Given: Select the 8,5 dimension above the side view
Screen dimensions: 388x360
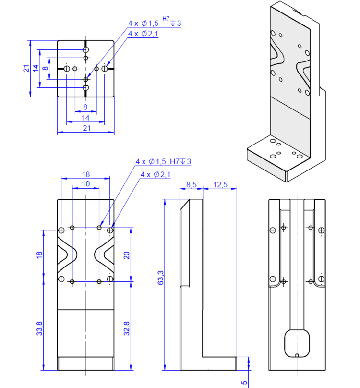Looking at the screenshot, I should coord(191,184).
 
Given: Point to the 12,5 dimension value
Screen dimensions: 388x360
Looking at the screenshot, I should coord(220,184).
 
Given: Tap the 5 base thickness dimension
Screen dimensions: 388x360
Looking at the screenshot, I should coord(244,382).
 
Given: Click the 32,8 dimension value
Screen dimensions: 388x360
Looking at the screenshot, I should coord(126,329).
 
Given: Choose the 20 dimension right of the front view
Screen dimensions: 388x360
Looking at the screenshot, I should coord(127,255).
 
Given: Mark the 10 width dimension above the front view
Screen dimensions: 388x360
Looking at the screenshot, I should coord(85,184).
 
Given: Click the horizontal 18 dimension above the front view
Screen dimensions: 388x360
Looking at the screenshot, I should coord(85,174).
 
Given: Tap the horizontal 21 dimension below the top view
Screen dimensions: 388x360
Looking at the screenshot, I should coord(87,128).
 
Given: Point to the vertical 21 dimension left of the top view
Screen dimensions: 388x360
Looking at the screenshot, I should coord(26,69).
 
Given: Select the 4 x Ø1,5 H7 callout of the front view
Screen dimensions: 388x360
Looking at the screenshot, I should coord(163,161).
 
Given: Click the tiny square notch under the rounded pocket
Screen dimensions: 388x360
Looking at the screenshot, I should coord(297,356).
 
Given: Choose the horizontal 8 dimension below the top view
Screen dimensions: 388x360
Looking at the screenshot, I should coord(85,107).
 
